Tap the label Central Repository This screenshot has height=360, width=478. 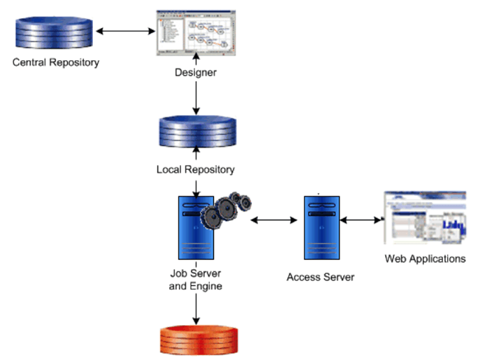pyautogui.click(x=56, y=62)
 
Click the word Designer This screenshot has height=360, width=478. pyautogui.click(x=196, y=72)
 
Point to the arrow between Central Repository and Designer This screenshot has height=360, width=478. pyautogui.click(x=126, y=31)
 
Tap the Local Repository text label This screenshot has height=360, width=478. pyautogui.click(x=196, y=169)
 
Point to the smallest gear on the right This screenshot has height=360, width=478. pyautogui.click(x=244, y=203)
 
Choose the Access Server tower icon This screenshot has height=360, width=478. pyautogui.click(x=321, y=228)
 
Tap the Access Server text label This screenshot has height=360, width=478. pyautogui.click(x=321, y=277)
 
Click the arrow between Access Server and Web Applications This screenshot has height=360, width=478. pyautogui.click(x=362, y=219)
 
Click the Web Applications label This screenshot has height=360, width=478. pyautogui.click(x=425, y=259)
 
